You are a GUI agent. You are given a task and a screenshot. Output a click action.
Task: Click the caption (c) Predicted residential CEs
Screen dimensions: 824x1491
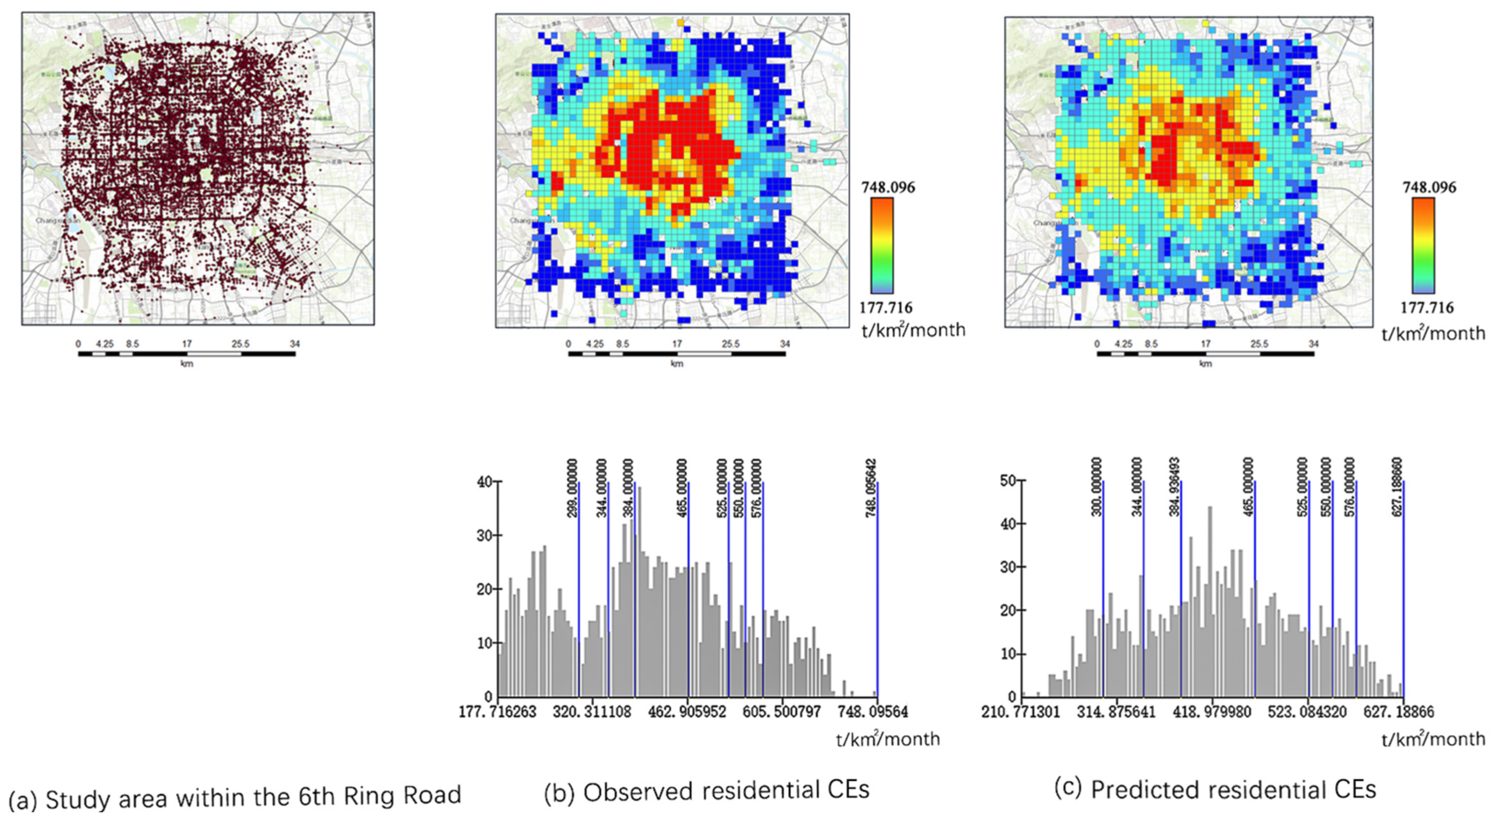point(1215,789)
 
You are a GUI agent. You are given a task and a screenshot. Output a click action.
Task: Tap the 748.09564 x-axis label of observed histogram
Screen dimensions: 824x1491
point(872,711)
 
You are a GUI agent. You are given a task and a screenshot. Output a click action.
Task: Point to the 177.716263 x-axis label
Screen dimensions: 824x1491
point(498,711)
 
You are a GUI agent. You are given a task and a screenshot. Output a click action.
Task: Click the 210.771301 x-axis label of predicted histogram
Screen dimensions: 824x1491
point(1021,711)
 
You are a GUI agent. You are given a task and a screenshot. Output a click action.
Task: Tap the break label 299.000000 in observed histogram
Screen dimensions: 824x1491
point(572,488)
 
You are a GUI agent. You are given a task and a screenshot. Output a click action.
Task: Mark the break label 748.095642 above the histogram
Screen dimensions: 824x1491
point(871,488)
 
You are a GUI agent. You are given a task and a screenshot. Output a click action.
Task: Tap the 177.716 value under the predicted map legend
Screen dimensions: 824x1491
point(1427,308)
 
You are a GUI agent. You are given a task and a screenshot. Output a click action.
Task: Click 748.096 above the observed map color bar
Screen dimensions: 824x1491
point(888,188)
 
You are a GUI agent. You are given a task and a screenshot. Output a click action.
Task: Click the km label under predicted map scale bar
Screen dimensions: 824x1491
point(1205,364)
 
